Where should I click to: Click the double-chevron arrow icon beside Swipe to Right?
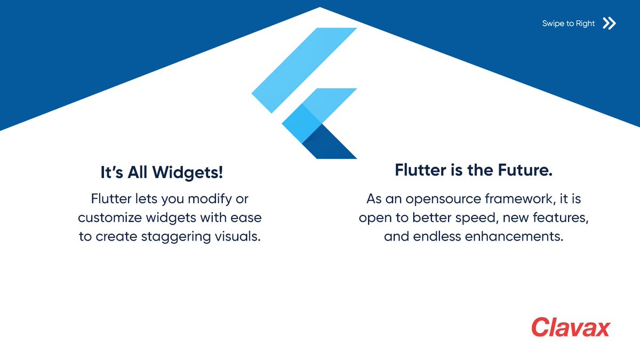[x=609, y=23]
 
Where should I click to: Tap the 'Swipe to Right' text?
[x=569, y=23]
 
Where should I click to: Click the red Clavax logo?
[x=570, y=327]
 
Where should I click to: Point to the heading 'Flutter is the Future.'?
[x=473, y=170]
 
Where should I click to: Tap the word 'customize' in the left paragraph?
[x=108, y=218]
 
